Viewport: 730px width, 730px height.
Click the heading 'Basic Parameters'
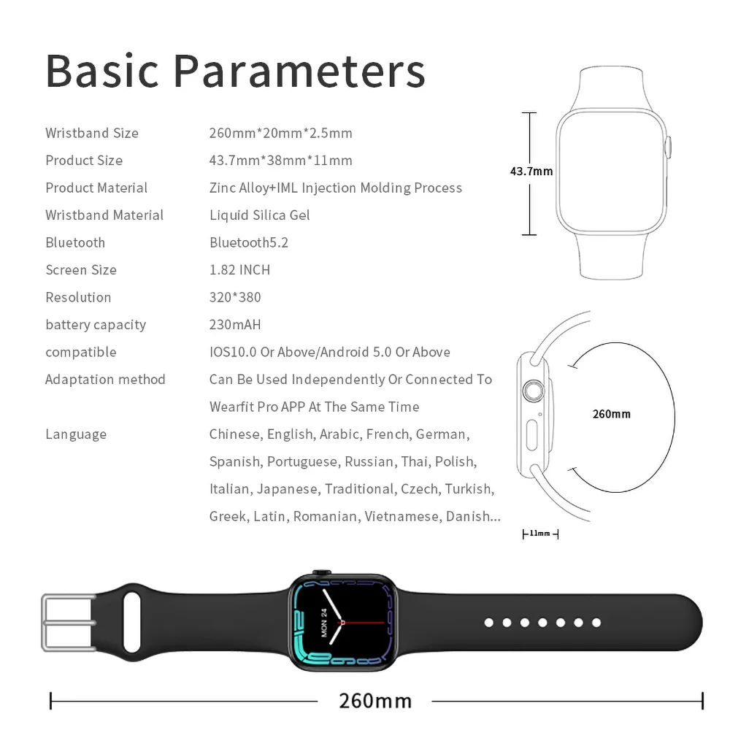(235, 71)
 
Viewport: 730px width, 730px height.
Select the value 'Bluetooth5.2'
(249, 242)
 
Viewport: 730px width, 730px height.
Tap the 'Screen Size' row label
(81, 270)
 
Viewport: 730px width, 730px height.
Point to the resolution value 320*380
(235, 297)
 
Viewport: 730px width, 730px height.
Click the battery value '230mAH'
(235, 325)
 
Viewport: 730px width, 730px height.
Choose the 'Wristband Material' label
(104, 215)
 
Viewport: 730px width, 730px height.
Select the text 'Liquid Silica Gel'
(260, 215)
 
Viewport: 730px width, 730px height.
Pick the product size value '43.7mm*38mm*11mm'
(281, 161)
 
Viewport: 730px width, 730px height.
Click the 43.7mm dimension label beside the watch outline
(531, 172)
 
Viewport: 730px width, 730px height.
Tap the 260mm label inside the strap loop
(611, 414)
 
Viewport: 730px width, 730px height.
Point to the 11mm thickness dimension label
(540, 534)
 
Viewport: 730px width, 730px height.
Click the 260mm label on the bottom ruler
(375, 701)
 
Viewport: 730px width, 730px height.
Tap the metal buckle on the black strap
(68, 623)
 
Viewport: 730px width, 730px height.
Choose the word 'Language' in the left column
(76, 434)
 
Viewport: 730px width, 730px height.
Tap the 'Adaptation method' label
(105, 380)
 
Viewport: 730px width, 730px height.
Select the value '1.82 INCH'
(239, 270)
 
